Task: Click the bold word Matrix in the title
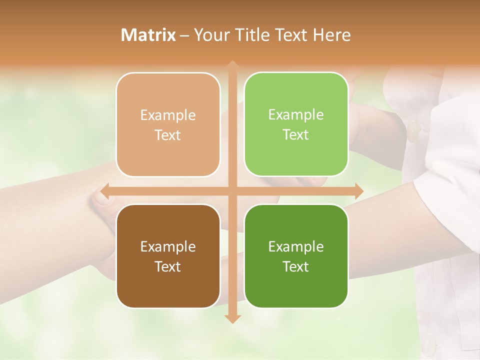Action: click(x=148, y=35)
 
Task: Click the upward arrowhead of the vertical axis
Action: click(x=232, y=65)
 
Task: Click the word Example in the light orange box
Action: click(x=168, y=115)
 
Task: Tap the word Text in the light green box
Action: click(x=296, y=135)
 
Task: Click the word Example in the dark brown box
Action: click(x=168, y=247)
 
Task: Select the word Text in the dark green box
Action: click(x=296, y=266)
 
